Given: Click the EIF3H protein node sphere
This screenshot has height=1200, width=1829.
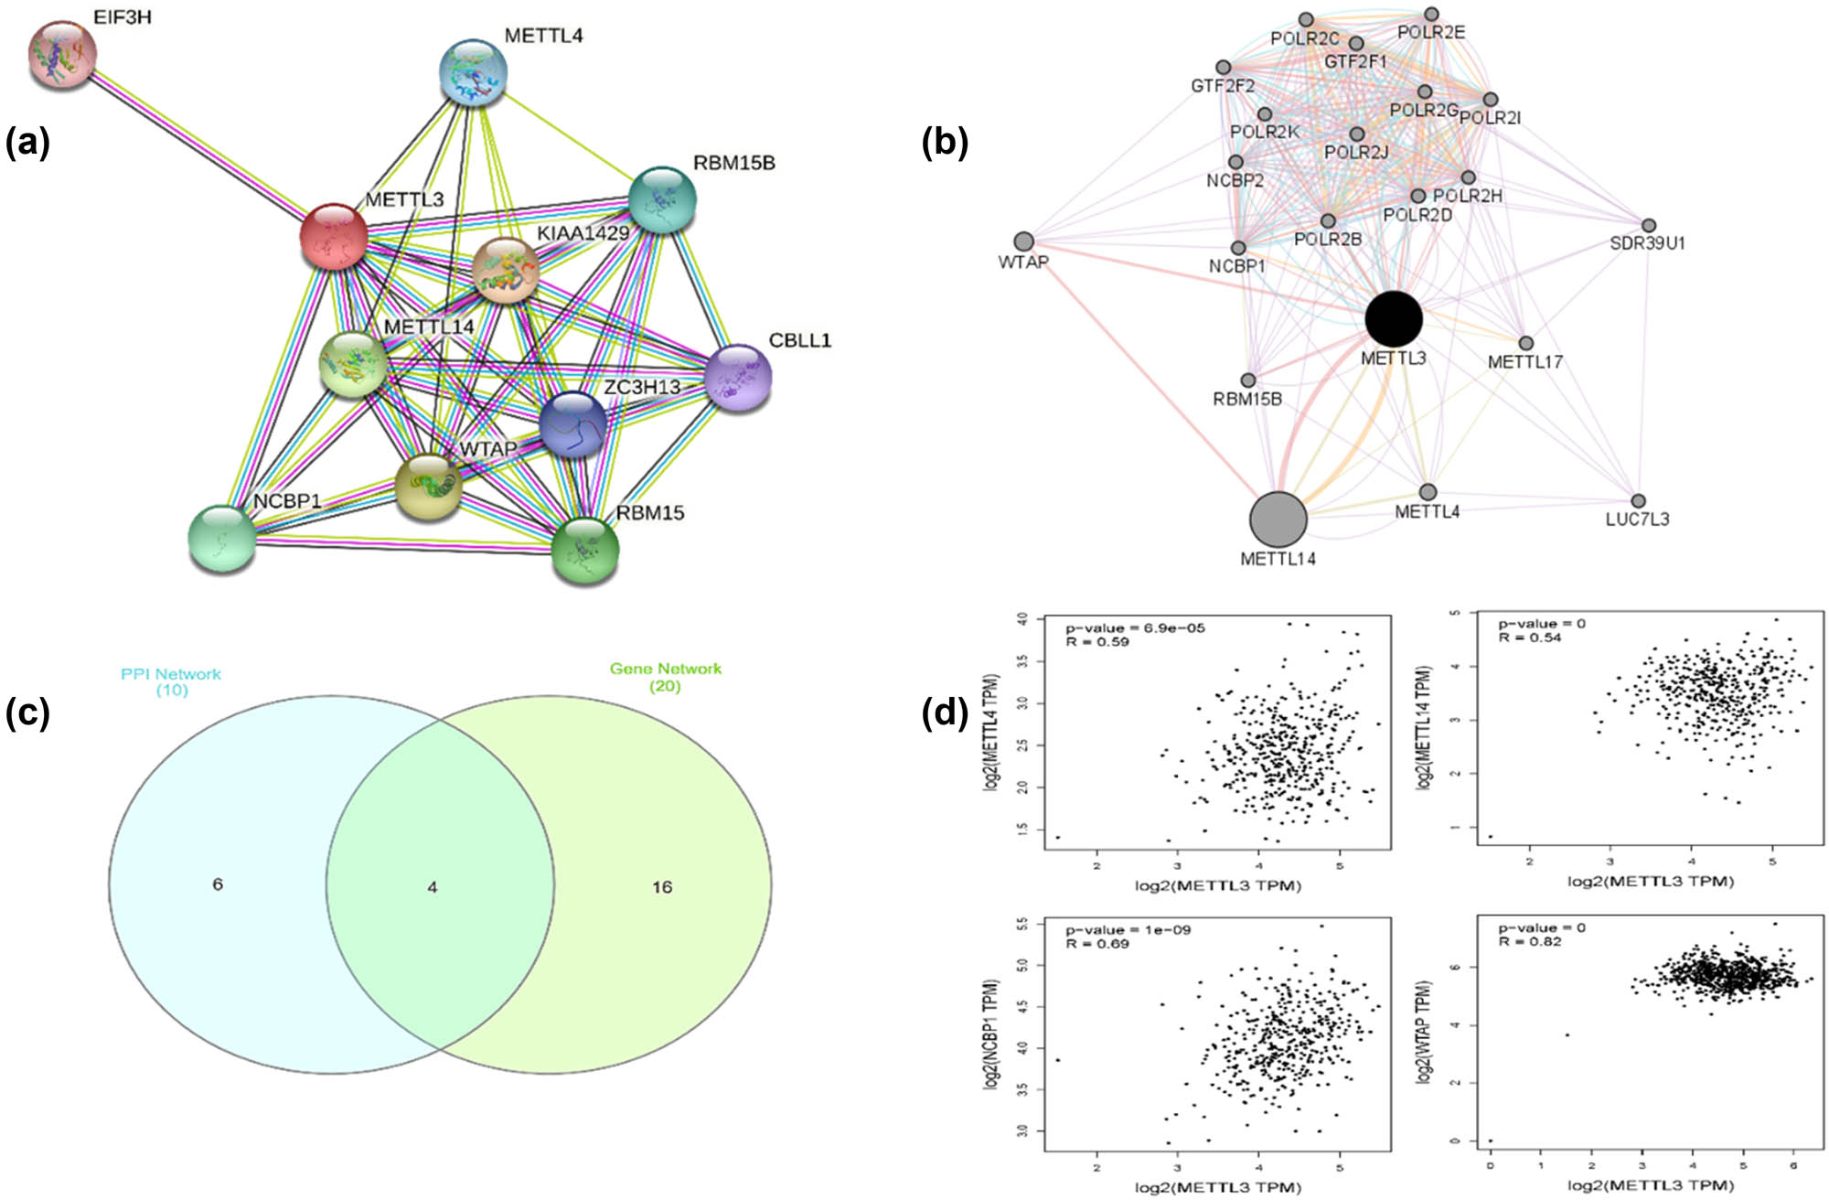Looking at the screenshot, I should tap(62, 55).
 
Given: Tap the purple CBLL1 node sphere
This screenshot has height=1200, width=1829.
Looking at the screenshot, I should tap(738, 377).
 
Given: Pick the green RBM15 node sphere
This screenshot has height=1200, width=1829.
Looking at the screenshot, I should tap(585, 551).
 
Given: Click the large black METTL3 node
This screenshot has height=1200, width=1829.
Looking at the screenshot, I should tap(1393, 319).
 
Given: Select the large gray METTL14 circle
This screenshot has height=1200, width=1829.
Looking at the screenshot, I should tap(1278, 519).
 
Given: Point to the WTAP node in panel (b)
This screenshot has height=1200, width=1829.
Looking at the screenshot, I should tap(1024, 241).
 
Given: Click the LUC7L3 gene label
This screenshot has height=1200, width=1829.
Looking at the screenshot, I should tap(1637, 520).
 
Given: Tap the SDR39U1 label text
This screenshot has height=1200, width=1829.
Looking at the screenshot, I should tap(1647, 243).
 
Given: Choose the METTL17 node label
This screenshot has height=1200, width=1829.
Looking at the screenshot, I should tap(1524, 362).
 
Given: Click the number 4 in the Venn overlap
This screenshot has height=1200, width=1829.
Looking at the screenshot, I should tap(433, 887).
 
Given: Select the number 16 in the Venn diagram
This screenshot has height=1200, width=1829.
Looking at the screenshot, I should tap(662, 887).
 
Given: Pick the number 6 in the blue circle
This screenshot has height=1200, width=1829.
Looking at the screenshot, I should tap(218, 884).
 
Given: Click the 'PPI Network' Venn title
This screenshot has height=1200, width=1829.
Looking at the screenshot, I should tap(171, 674).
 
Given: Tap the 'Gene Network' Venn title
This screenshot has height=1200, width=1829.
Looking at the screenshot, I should tap(665, 669).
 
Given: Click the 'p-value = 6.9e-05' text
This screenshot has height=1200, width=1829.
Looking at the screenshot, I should tap(1135, 628).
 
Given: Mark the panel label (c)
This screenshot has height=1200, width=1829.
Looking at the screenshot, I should tap(27, 712).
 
